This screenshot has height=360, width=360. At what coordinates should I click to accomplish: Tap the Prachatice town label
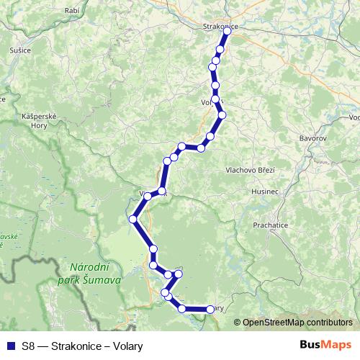pyautogui.click(x=270, y=225)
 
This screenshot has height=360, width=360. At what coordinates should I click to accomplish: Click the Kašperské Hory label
pyautogui.click(x=35, y=120)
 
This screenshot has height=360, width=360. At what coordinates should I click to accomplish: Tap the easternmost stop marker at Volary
pyautogui.click(x=210, y=309)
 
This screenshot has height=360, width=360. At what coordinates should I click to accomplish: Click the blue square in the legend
pyautogui.click(x=10, y=346)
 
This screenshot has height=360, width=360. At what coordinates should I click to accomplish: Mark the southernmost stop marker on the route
pyautogui.click(x=183, y=309)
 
